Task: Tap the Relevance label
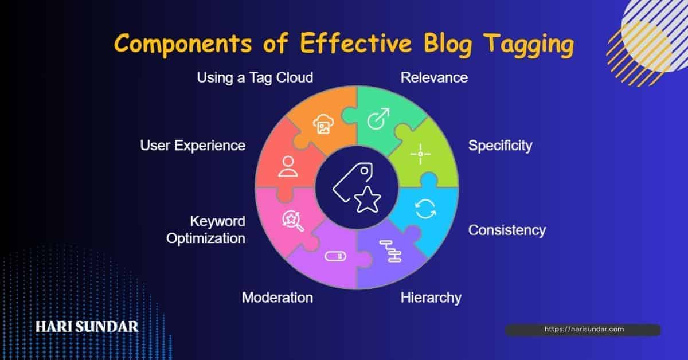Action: click(x=434, y=77)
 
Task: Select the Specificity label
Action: click(x=500, y=146)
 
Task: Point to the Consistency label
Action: click(x=507, y=230)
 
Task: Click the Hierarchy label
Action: click(x=431, y=298)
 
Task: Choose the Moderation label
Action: click(x=277, y=298)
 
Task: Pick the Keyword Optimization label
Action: click(x=206, y=229)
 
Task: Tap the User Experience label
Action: click(x=193, y=146)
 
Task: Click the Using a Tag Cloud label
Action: click(x=255, y=77)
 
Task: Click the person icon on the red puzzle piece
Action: click(x=286, y=165)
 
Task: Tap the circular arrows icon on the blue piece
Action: click(x=425, y=209)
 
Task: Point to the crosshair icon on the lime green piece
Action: click(x=420, y=154)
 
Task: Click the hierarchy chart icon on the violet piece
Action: click(x=389, y=252)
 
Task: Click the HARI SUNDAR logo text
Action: click(x=87, y=327)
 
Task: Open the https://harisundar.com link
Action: click(x=583, y=330)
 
